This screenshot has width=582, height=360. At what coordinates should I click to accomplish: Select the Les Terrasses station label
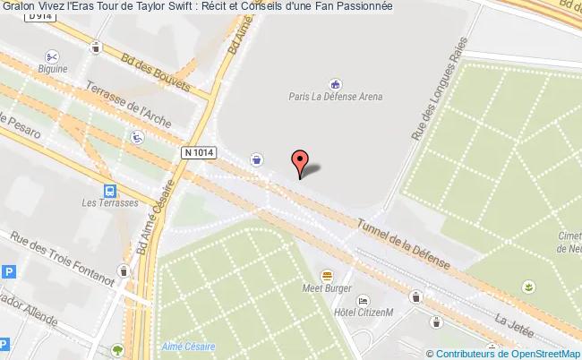[x=108, y=203]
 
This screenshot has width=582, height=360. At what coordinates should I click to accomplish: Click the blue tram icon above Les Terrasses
[x=108, y=190]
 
